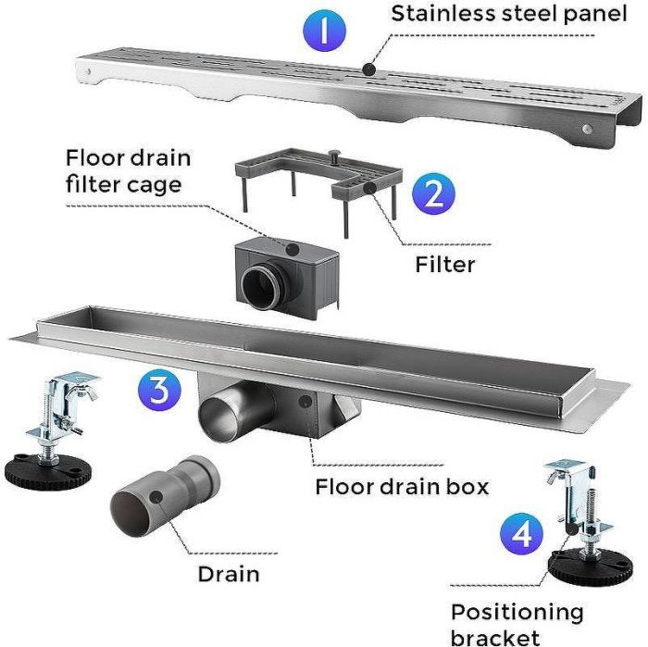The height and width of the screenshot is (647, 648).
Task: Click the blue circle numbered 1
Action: click(324, 31)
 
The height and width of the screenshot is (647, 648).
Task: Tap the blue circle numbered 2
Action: click(433, 193)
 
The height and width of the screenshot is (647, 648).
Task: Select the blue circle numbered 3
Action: click(159, 390)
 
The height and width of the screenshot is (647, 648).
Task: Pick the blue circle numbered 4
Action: click(521, 534)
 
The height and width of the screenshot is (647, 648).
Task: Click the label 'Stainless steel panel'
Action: click(509, 14)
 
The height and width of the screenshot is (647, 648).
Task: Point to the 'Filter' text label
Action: click(445, 265)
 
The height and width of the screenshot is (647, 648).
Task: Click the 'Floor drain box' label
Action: click(402, 487)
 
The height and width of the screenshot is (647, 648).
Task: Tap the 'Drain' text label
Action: click(229, 574)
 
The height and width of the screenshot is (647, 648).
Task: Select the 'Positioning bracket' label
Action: click(517, 625)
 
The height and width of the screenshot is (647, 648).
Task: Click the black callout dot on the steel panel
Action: click(368, 69)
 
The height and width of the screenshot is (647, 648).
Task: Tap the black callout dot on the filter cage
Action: click(293, 249)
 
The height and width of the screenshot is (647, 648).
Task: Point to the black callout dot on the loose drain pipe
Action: click(156, 497)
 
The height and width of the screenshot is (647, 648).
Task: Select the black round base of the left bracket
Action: click(48, 472)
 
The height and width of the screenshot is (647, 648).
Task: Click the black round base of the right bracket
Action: click(591, 566)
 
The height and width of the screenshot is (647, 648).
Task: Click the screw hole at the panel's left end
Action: click(87, 72)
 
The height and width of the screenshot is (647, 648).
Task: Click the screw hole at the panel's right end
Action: click(587, 129)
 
